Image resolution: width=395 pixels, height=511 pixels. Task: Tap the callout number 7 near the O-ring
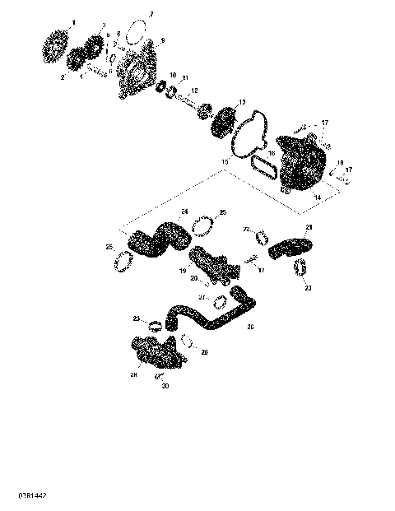[x=151, y=15]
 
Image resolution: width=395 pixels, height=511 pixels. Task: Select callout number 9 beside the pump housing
[x=162, y=39]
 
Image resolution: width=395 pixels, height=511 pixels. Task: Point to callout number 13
[x=242, y=102]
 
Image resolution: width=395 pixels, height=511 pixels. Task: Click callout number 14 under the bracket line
[x=318, y=198]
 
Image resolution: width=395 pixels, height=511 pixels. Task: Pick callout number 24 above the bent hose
[x=184, y=211]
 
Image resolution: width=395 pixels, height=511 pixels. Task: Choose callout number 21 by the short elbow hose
[x=309, y=226]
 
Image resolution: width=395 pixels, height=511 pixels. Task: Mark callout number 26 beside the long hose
[x=250, y=327]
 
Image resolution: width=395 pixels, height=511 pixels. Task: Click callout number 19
[x=183, y=269]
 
